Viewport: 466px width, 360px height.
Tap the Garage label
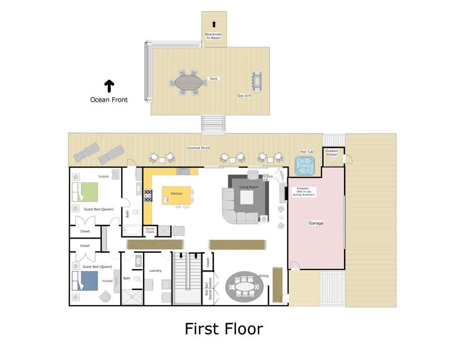[316, 223]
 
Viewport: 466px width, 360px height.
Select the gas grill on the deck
[256, 81]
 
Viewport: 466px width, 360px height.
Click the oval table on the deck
[188, 82]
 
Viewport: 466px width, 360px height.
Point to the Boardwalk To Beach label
[213, 36]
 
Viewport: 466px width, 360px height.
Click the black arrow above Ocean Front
[109, 86]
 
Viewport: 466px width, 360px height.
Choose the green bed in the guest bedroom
[85, 192]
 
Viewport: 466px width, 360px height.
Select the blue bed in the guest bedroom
[85, 281]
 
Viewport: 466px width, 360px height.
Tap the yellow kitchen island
[177, 195]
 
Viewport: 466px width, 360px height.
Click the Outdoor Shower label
[331, 152]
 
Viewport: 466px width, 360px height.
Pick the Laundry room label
[156, 270]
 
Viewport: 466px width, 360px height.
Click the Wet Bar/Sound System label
[208, 288]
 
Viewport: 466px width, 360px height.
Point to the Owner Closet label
[150, 230]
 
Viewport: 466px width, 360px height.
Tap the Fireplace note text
[304, 191]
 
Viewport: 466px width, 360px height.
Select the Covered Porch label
[198, 148]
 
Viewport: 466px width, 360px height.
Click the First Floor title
[224, 329]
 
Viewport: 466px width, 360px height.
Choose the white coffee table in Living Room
[247, 198]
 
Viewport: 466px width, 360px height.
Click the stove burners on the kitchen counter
[148, 196]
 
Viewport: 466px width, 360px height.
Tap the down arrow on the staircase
[181, 255]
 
